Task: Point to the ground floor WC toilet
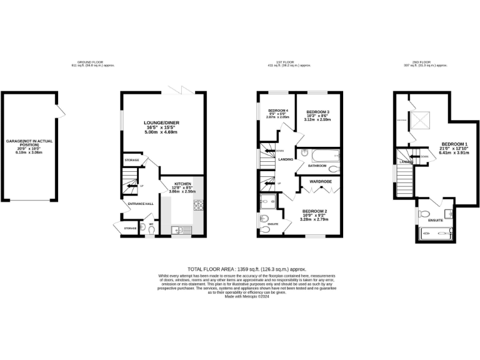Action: coord(151,229)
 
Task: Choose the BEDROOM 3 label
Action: coord(317,112)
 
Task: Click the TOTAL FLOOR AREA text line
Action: coord(240,267)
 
